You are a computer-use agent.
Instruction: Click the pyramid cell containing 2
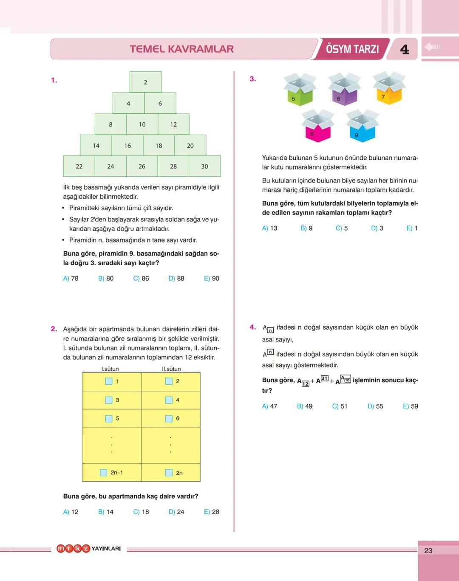coord(145,82)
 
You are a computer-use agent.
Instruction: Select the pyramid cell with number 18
coord(159,145)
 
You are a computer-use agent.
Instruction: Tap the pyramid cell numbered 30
coord(205,166)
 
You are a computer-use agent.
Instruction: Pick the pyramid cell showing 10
coord(142,124)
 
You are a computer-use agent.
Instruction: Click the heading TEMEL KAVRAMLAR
coord(181,49)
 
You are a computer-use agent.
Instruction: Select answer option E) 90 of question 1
coord(212,279)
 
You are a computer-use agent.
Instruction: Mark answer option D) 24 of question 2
coord(176,512)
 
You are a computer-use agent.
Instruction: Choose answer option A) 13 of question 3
coord(269,228)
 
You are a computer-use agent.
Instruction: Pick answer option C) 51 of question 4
coord(340,406)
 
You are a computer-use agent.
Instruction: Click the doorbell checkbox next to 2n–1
coord(103,473)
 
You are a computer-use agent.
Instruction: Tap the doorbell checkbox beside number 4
coord(169,400)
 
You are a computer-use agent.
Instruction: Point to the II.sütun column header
coord(171,369)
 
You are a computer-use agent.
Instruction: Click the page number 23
coord(428,550)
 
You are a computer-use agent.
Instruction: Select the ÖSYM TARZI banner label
coord(352,49)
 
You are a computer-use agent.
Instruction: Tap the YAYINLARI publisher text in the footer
coord(106,549)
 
